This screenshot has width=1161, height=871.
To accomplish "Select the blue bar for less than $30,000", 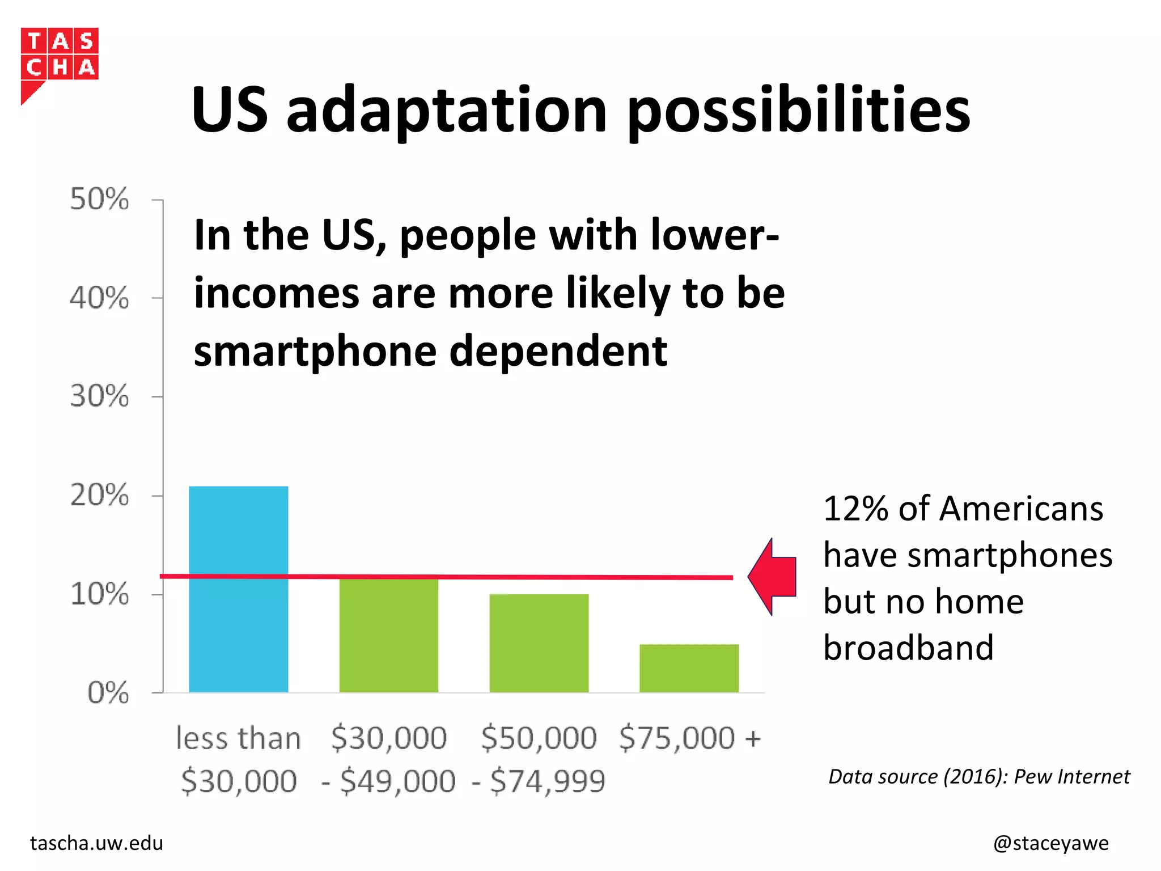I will [x=238, y=590].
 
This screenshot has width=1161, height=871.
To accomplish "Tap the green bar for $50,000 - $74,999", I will [x=539, y=644].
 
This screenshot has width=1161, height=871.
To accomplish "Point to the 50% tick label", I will [x=99, y=200].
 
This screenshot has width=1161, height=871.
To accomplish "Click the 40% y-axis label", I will [x=99, y=298].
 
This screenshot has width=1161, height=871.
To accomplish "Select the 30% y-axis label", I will [x=99, y=396].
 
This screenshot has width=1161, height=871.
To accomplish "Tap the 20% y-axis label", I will [x=99, y=496].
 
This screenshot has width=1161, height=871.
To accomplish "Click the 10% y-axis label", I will [x=99, y=594].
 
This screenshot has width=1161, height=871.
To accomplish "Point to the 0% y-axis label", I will [x=108, y=693].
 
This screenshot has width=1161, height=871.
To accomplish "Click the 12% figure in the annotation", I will [x=855, y=509].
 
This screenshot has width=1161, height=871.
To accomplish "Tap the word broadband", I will [x=908, y=648].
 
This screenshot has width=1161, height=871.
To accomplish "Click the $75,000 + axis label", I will [x=689, y=738].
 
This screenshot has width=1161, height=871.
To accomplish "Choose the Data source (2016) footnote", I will [x=979, y=776].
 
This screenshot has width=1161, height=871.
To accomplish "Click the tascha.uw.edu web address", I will [x=96, y=843].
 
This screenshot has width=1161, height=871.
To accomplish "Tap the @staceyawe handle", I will [x=1050, y=843].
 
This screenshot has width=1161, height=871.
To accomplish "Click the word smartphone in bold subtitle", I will [x=315, y=352].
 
